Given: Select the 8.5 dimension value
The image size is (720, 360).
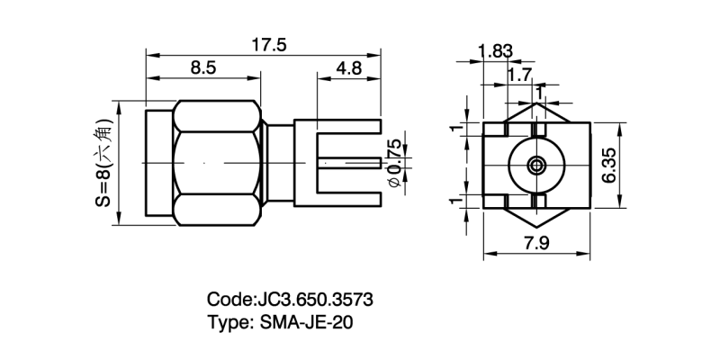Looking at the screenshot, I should [202, 68].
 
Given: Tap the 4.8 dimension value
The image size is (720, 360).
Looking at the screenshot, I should [350, 68].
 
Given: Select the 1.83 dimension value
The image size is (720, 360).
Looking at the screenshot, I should [495, 51].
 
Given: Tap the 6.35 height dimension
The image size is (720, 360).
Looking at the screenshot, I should [609, 166].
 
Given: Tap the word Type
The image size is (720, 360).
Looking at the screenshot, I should [229, 321].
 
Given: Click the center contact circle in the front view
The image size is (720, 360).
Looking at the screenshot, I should [537, 166].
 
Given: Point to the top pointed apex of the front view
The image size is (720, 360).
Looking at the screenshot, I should [537, 104].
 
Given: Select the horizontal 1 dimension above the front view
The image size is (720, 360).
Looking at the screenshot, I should [538, 92].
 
